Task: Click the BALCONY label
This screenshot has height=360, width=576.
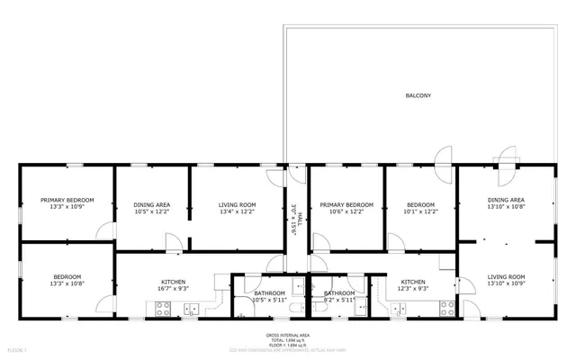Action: click(416, 94)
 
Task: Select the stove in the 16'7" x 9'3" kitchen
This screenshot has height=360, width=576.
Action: click(165, 308)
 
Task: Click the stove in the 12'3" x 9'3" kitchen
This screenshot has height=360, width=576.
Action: click(446, 308)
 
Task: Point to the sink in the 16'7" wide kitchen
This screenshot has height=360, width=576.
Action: click(192, 309)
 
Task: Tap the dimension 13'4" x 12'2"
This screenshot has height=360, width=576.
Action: click(238, 211)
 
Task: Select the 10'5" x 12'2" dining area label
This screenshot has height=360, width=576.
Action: click(152, 204)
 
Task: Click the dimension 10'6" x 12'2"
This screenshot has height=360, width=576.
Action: click(346, 211)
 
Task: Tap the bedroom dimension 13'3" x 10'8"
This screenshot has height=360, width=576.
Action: click(67, 283)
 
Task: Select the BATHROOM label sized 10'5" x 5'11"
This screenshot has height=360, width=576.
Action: click(269, 292)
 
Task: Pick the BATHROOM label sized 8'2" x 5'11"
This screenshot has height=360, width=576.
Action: click(339, 292)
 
